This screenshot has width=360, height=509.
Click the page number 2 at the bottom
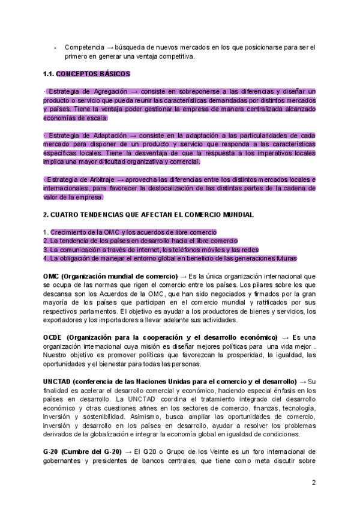click(x=313, y=482)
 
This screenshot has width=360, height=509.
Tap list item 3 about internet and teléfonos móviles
click(x=151, y=250)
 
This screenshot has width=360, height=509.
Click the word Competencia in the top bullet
click(x=83, y=47)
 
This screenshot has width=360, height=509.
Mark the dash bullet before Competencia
click(x=56, y=47)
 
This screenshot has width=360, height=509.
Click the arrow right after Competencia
click(x=110, y=47)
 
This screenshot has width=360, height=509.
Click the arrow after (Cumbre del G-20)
click(x=128, y=451)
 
